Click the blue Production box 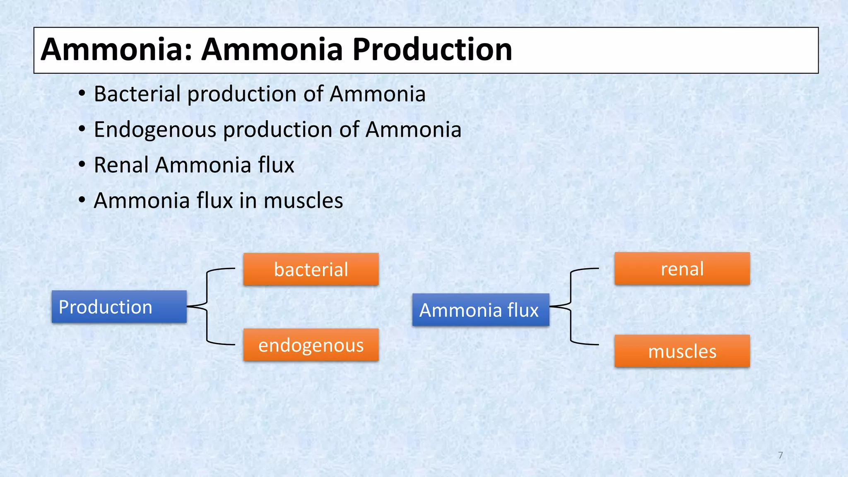coord(119,306)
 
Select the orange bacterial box coord(311,269)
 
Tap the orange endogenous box coord(311,345)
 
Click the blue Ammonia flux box coord(480,310)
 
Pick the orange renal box coord(682,269)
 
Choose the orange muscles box coord(682,351)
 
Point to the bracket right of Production coord(207,306)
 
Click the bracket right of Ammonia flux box coord(571,306)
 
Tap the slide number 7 coord(781,455)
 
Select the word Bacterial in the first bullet coord(137,94)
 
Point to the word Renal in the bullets coord(121,165)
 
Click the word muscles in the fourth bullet coord(303,201)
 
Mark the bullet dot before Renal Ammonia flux coord(82,165)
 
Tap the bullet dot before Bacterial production coord(82,94)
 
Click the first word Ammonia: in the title coord(116,50)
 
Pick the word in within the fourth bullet coord(248,201)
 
